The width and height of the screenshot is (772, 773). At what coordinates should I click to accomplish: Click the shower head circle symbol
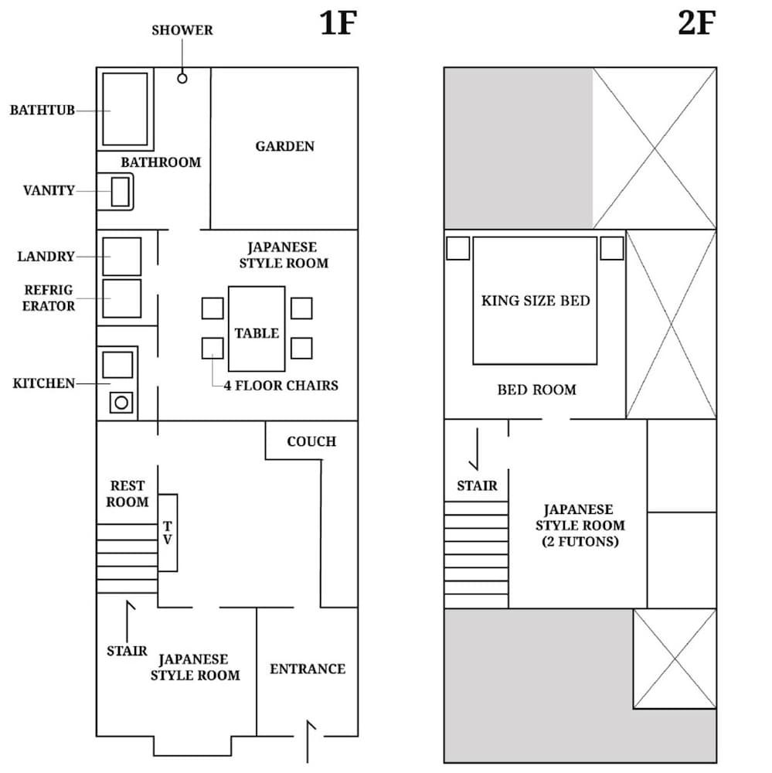(182, 78)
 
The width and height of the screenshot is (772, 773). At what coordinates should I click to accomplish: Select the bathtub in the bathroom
(124, 109)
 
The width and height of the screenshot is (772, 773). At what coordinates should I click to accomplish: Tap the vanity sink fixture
(119, 192)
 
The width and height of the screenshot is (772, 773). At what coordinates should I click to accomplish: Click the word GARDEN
(284, 146)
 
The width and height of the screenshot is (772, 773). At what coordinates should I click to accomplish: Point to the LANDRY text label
(46, 257)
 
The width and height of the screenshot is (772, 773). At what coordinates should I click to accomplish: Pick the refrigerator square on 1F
(122, 298)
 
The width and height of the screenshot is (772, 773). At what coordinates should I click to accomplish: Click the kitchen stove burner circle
(121, 402)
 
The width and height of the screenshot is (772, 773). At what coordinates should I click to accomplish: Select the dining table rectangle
(257, 329)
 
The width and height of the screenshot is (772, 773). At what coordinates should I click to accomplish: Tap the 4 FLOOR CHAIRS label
(281, 385)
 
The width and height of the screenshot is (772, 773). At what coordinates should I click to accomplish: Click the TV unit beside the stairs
(168, 533)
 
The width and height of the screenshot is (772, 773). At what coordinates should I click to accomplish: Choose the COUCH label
(311, 441)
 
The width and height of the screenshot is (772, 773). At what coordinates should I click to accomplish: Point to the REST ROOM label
(128, 494)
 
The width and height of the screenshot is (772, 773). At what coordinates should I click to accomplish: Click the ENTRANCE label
(307, 669)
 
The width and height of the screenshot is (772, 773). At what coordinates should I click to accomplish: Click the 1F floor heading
(338, 25)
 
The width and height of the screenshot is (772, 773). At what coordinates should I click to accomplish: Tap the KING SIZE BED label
(535, 300)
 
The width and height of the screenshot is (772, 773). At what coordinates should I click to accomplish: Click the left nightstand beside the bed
(457, 248)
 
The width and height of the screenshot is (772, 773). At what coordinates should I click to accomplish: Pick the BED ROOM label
(536, 390)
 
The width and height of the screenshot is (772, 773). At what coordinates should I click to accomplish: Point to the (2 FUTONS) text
(579, 542)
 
